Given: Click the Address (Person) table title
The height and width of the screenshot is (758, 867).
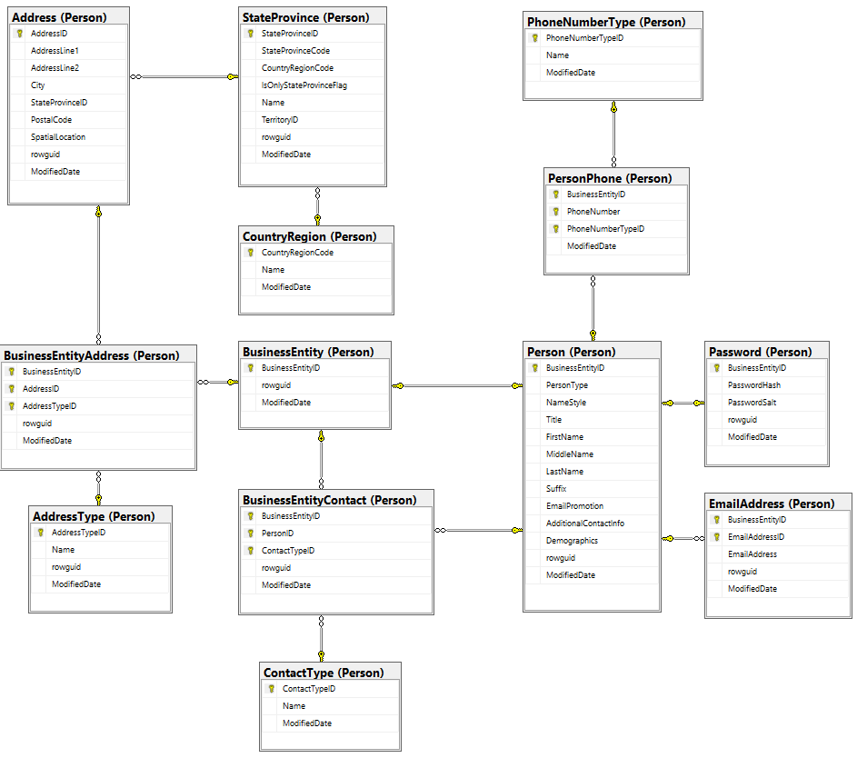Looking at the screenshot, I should pyautogui.click(x=59, y=17).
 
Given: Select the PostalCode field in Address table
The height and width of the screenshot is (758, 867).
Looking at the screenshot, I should pyautogui.click(x=51, y=119).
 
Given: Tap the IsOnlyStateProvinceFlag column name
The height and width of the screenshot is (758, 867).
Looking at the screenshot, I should pyautogui.click(x=304, y=85).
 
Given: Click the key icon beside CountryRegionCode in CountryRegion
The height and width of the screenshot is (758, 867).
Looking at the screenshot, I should pyautogui.click(x=250, y=253).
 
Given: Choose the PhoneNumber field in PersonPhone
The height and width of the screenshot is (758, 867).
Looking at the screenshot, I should pyautogui.click(x=593, y=212).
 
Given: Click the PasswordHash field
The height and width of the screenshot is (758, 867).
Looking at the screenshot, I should pyautogui.click(x=753, y=385).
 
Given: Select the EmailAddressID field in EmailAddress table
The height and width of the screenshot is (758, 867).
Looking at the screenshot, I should pyautogui.click(x=755, y=537).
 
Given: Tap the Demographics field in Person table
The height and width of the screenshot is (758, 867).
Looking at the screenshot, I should pyautogui.click(x=572, y=541).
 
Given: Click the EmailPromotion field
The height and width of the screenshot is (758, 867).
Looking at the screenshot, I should pyautogui.click(x=574, y=506).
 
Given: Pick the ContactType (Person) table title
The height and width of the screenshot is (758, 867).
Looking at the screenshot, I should pyautogui.click(x=323, y=673).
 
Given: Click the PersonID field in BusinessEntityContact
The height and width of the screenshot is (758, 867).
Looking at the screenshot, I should pyautogui.click(x=277, y=534).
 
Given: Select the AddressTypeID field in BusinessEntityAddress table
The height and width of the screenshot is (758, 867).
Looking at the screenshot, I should pyautogui.click(x=49, y=406).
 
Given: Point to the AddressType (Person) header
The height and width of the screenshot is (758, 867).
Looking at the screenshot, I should pyautogui.click(x=94, y=516).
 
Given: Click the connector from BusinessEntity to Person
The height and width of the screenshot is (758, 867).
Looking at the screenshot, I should pyautogui.click(x=458, y=386).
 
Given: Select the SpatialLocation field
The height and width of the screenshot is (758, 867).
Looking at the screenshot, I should pyautogui.click(x=58, y=137).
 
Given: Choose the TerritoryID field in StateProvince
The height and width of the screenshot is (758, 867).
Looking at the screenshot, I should pyautogui.click(x=280, y=120).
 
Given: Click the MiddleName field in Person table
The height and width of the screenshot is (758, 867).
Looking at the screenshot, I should pyautogui.click(x=570, y=454).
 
